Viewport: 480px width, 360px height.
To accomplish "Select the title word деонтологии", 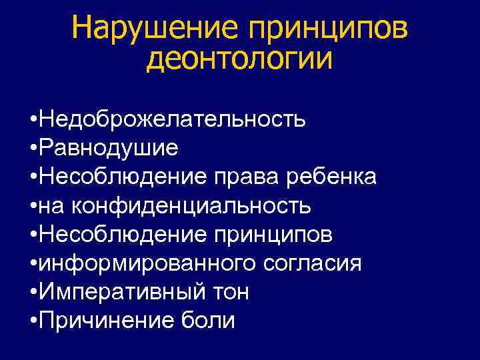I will coord(239,60).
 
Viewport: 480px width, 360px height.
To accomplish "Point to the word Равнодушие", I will coord(109,147).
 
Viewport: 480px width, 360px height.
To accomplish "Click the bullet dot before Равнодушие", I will coord(33,148).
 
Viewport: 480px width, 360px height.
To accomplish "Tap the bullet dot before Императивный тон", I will coord(33,292).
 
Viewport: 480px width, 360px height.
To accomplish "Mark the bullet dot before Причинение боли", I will coord(33,321).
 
